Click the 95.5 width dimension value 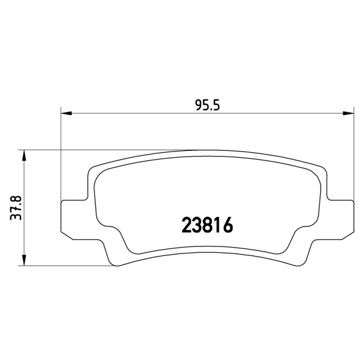(x=207, y=105)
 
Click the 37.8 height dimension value (x=16, y=208)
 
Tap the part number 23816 (x=207, y=225)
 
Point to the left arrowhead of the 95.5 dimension (x=66, y=113)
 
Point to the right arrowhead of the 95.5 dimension (x=346, y=113)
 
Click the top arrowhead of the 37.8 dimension (x=24, y=155)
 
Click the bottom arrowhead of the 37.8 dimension (x=24, y=261)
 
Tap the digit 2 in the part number (x=187, y=225)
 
